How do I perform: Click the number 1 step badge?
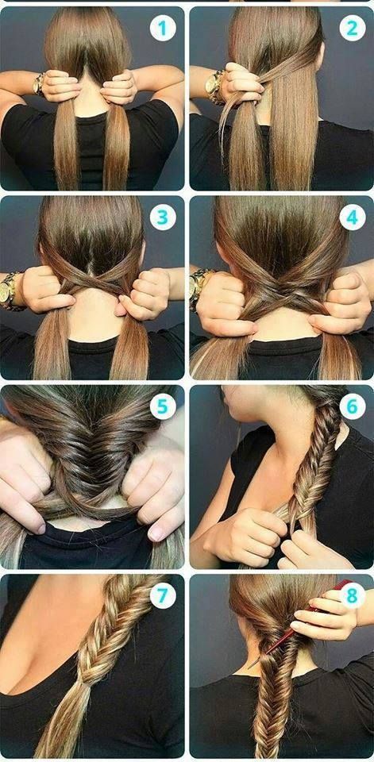point(163,28)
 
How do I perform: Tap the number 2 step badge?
point(353,28)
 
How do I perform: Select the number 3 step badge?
point(163,217)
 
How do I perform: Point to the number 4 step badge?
point(353,217)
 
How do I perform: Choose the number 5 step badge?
point(163,406)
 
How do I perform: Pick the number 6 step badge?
point(353,406)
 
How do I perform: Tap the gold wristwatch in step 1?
point(38,83)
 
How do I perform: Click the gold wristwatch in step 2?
point(214,87)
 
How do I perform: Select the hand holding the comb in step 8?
point(325,614)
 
